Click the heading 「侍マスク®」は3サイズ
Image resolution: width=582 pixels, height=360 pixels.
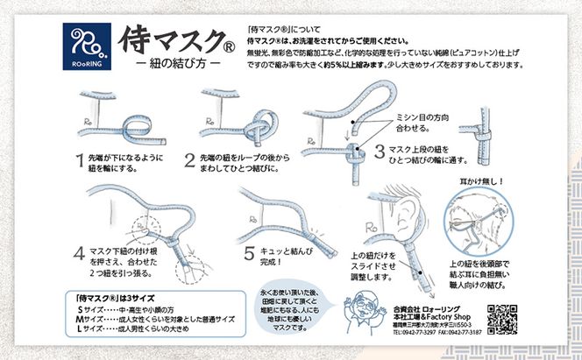[115, 297]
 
